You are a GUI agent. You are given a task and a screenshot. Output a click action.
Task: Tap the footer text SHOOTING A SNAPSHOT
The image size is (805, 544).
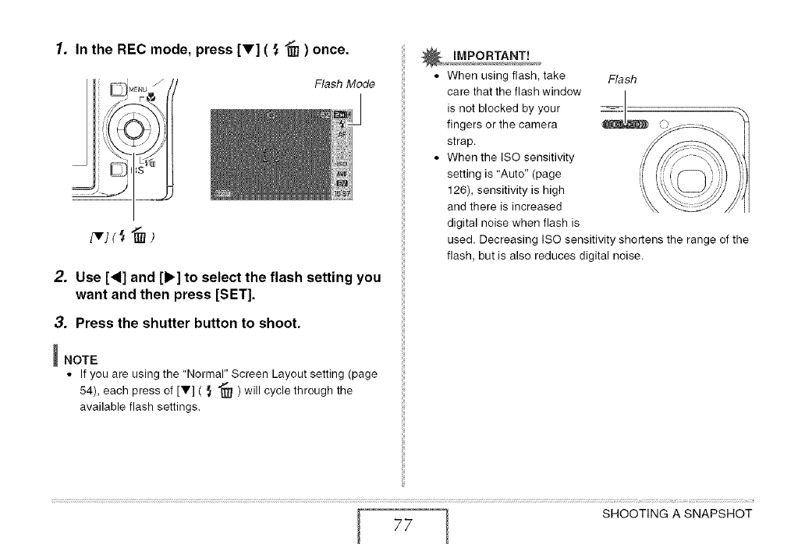click(x=676, y=514)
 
